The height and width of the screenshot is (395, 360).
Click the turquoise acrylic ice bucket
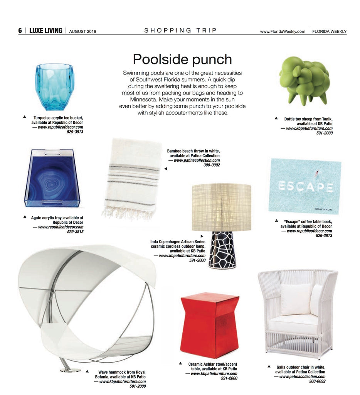coord(54,87)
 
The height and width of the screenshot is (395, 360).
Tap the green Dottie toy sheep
coord(304,79)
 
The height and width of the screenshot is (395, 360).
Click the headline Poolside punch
coord(182,59)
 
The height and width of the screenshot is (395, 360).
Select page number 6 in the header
coord(20,31)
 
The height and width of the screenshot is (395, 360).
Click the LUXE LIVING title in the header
coord(46,31)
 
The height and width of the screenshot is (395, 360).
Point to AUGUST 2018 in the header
coord(82,31)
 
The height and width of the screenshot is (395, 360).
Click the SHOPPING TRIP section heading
coord(181,30)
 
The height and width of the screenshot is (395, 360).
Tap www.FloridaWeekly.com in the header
coord(283,31)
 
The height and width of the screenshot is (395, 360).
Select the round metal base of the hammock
coord(70,370)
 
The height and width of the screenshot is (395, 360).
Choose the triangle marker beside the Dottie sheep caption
coord(276,118)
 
